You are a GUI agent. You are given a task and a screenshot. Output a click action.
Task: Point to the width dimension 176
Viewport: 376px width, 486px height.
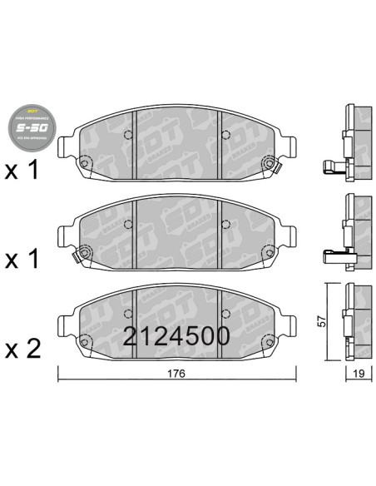[175, 372]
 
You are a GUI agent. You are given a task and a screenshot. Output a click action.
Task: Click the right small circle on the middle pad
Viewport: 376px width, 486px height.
[226, 223]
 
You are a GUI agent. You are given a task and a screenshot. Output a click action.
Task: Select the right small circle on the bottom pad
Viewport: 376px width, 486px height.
[226, 313]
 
